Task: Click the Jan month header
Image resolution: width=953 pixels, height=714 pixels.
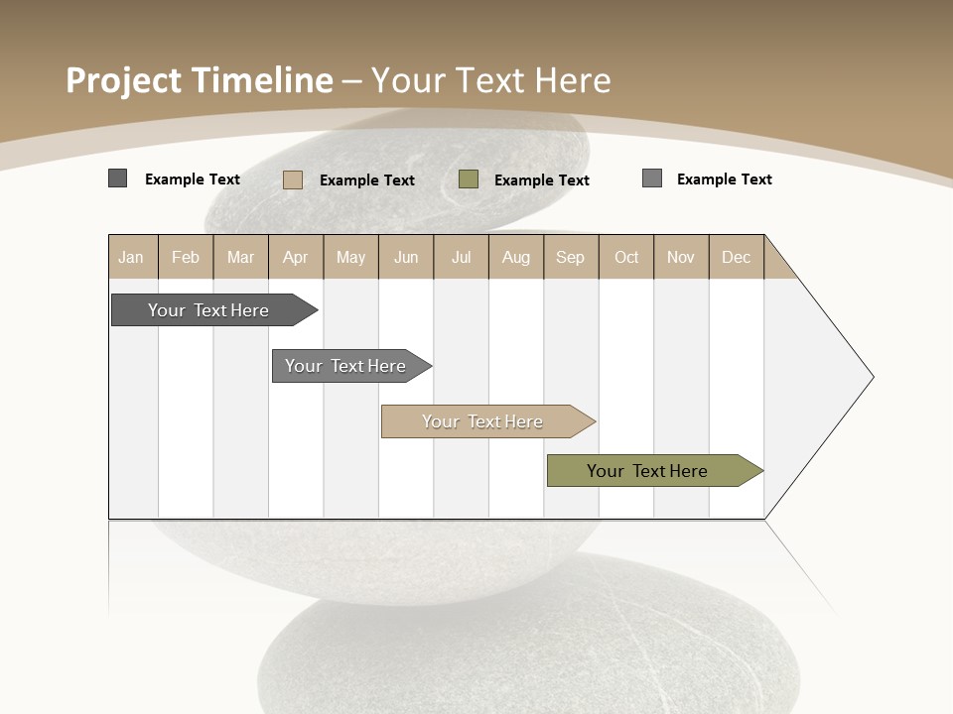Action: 131,257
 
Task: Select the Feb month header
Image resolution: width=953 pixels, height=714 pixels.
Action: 186,257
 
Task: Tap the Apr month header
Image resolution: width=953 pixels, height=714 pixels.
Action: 296,257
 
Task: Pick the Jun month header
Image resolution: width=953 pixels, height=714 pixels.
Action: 406,257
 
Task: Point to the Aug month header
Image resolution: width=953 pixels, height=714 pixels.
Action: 516,257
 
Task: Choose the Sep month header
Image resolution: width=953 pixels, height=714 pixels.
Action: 571,257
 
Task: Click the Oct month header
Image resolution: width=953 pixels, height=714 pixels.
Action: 626,257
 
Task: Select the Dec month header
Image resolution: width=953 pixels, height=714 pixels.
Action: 737,257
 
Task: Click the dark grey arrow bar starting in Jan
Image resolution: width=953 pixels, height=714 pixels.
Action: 208,310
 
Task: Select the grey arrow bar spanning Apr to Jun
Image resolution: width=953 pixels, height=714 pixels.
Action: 345,366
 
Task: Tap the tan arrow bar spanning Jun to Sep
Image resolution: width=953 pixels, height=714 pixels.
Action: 482,421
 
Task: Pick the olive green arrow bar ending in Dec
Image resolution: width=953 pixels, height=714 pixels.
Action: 647,471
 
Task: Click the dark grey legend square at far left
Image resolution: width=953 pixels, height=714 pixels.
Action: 118,178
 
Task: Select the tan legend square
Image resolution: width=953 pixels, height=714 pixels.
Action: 293,179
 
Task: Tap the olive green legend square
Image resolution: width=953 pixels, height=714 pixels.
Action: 469,178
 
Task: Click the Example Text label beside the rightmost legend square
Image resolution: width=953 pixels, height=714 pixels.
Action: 725,179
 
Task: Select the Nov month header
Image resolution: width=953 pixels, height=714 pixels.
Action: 681,257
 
